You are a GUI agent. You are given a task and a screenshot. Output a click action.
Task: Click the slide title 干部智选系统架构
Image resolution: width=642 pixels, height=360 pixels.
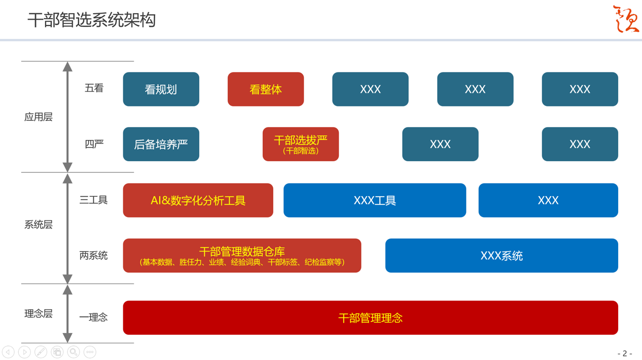pos(91,20)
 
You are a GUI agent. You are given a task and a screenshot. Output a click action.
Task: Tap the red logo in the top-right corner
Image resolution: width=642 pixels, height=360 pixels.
pos(625,19)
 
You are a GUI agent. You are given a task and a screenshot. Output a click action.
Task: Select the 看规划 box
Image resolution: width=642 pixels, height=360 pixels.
pos(161,89)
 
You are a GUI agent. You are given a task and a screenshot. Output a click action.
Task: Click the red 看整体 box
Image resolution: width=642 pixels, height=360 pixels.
pos(265,89)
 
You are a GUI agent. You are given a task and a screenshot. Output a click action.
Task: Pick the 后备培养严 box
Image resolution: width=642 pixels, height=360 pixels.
pos(161,145)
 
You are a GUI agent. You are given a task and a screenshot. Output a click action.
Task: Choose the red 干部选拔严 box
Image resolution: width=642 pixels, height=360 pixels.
pos(300,145)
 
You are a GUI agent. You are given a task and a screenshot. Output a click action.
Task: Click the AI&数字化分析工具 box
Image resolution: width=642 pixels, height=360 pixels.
pos(198,200)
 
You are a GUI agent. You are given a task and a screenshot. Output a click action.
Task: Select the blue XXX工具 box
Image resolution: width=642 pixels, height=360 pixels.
pos(374,200)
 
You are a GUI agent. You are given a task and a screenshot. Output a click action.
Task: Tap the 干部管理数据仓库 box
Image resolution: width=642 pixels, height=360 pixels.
pos(242,256)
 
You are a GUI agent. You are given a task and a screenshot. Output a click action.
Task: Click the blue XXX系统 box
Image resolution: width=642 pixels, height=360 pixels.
pos(501,256)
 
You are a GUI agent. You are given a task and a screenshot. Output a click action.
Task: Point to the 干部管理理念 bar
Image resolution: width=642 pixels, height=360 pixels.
pos(370,318)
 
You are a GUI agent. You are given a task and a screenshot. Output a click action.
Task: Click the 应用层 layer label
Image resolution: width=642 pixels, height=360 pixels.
pos(39,117)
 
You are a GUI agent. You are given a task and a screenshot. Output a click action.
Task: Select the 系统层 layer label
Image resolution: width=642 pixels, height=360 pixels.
pos(39,225)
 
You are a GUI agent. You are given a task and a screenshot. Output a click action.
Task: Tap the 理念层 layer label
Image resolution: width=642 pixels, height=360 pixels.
pos(39,314)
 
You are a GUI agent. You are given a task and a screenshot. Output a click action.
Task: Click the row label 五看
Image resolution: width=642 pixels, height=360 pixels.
pos(94,88)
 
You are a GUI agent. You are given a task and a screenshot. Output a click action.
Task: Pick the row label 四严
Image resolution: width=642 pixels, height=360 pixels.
pos(94,145)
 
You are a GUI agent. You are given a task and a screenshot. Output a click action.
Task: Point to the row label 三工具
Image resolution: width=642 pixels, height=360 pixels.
pos(93,200)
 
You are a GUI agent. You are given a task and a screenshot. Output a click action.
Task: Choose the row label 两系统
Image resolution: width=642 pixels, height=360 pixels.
pos(93,256)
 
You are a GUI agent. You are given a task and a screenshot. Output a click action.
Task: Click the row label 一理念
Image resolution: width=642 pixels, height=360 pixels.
pos(93,317)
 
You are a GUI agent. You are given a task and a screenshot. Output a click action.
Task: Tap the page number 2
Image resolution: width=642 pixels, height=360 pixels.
pos(625,353)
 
